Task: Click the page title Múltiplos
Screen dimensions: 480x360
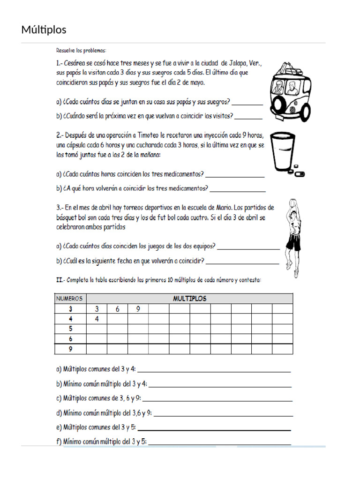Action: [44, 30]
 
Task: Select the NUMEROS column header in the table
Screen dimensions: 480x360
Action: [70, 299]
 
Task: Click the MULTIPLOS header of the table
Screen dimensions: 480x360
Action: [190, 299]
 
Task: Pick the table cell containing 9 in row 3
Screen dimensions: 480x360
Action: [138, 309]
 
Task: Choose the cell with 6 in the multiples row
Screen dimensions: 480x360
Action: [118, 309]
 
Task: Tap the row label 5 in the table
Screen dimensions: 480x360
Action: [71, 329]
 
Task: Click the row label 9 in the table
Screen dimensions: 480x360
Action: [71, 349]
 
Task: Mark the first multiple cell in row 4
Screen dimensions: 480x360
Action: [97, 319]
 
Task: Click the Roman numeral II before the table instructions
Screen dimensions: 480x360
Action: [60, 280]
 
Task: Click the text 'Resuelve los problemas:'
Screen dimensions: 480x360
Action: [81, 50]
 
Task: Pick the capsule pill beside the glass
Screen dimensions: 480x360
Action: [299, 174]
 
